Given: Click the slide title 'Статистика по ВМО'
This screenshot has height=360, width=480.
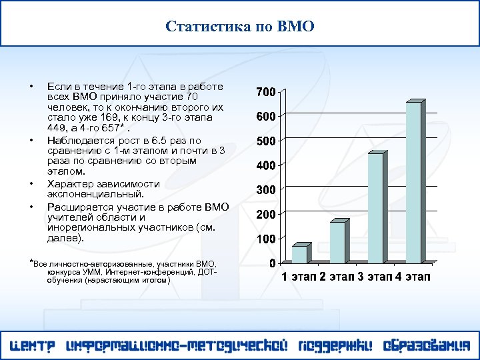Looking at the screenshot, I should [240, 27].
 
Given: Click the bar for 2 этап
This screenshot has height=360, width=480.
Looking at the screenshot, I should [338, 242].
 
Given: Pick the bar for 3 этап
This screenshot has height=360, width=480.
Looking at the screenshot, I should [376, 208].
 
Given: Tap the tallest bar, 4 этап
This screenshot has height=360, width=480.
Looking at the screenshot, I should [414, 182].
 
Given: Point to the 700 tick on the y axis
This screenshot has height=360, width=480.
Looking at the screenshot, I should [267, 91].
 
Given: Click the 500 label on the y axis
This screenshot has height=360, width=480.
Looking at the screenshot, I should [267, 141].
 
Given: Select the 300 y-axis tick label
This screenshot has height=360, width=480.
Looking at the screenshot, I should [267, 190].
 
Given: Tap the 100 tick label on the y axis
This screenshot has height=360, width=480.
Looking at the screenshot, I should [267, 239].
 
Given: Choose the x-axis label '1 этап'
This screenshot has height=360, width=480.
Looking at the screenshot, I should [298, 277].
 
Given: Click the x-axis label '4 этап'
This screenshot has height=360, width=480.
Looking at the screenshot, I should [413, 277].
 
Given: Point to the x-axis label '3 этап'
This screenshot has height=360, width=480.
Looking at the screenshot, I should [375, 277].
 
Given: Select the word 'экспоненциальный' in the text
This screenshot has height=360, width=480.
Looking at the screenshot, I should [95, 194].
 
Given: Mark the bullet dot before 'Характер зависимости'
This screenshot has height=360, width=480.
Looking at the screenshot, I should [31, 183].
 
